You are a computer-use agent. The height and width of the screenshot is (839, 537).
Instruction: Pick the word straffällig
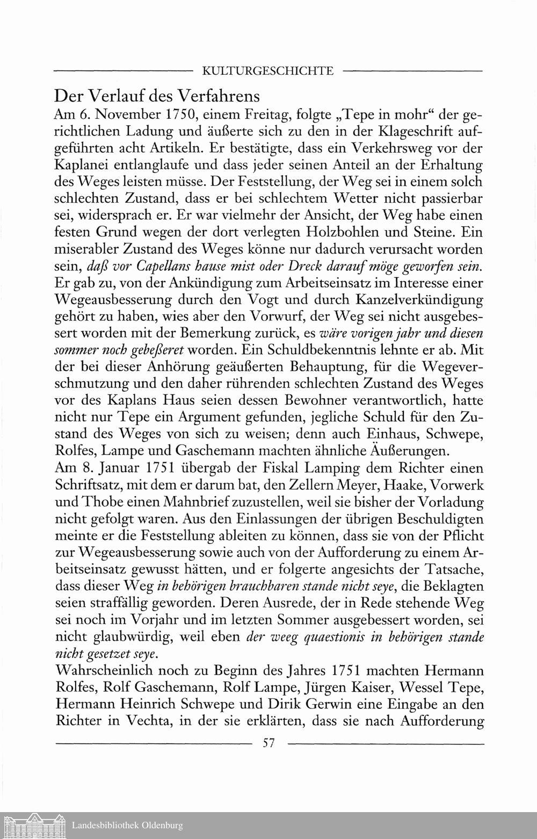tap(114, 603)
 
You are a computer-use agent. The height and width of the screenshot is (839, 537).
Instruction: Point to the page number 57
tap(268, 743)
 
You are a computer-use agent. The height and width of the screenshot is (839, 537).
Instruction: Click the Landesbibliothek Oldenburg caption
tap(127, 826)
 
